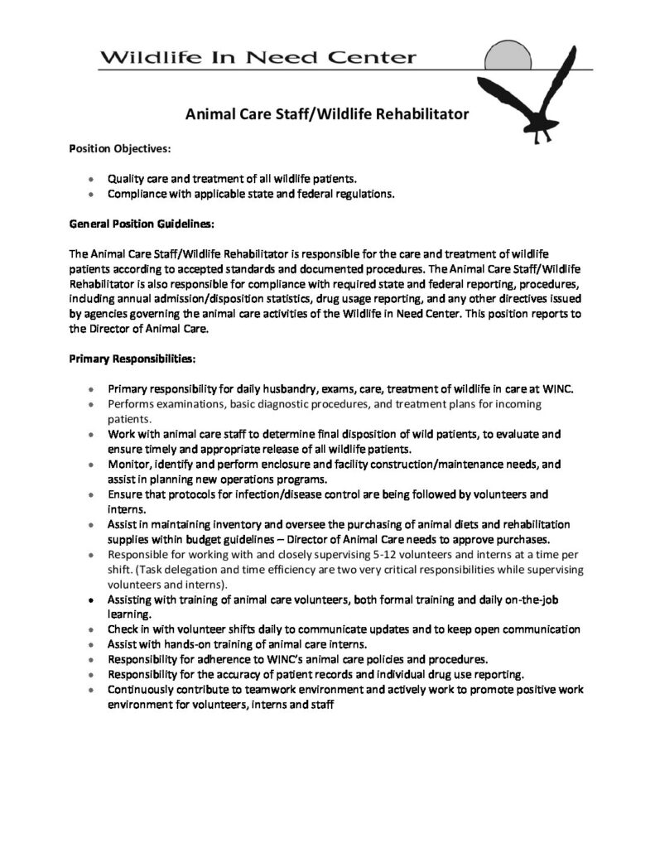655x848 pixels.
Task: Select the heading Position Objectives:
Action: pos(119,149)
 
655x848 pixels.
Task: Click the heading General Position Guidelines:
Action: pos(141,224)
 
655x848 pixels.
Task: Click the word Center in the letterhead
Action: pos(371,58)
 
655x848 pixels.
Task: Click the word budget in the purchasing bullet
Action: pos(195,538)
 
